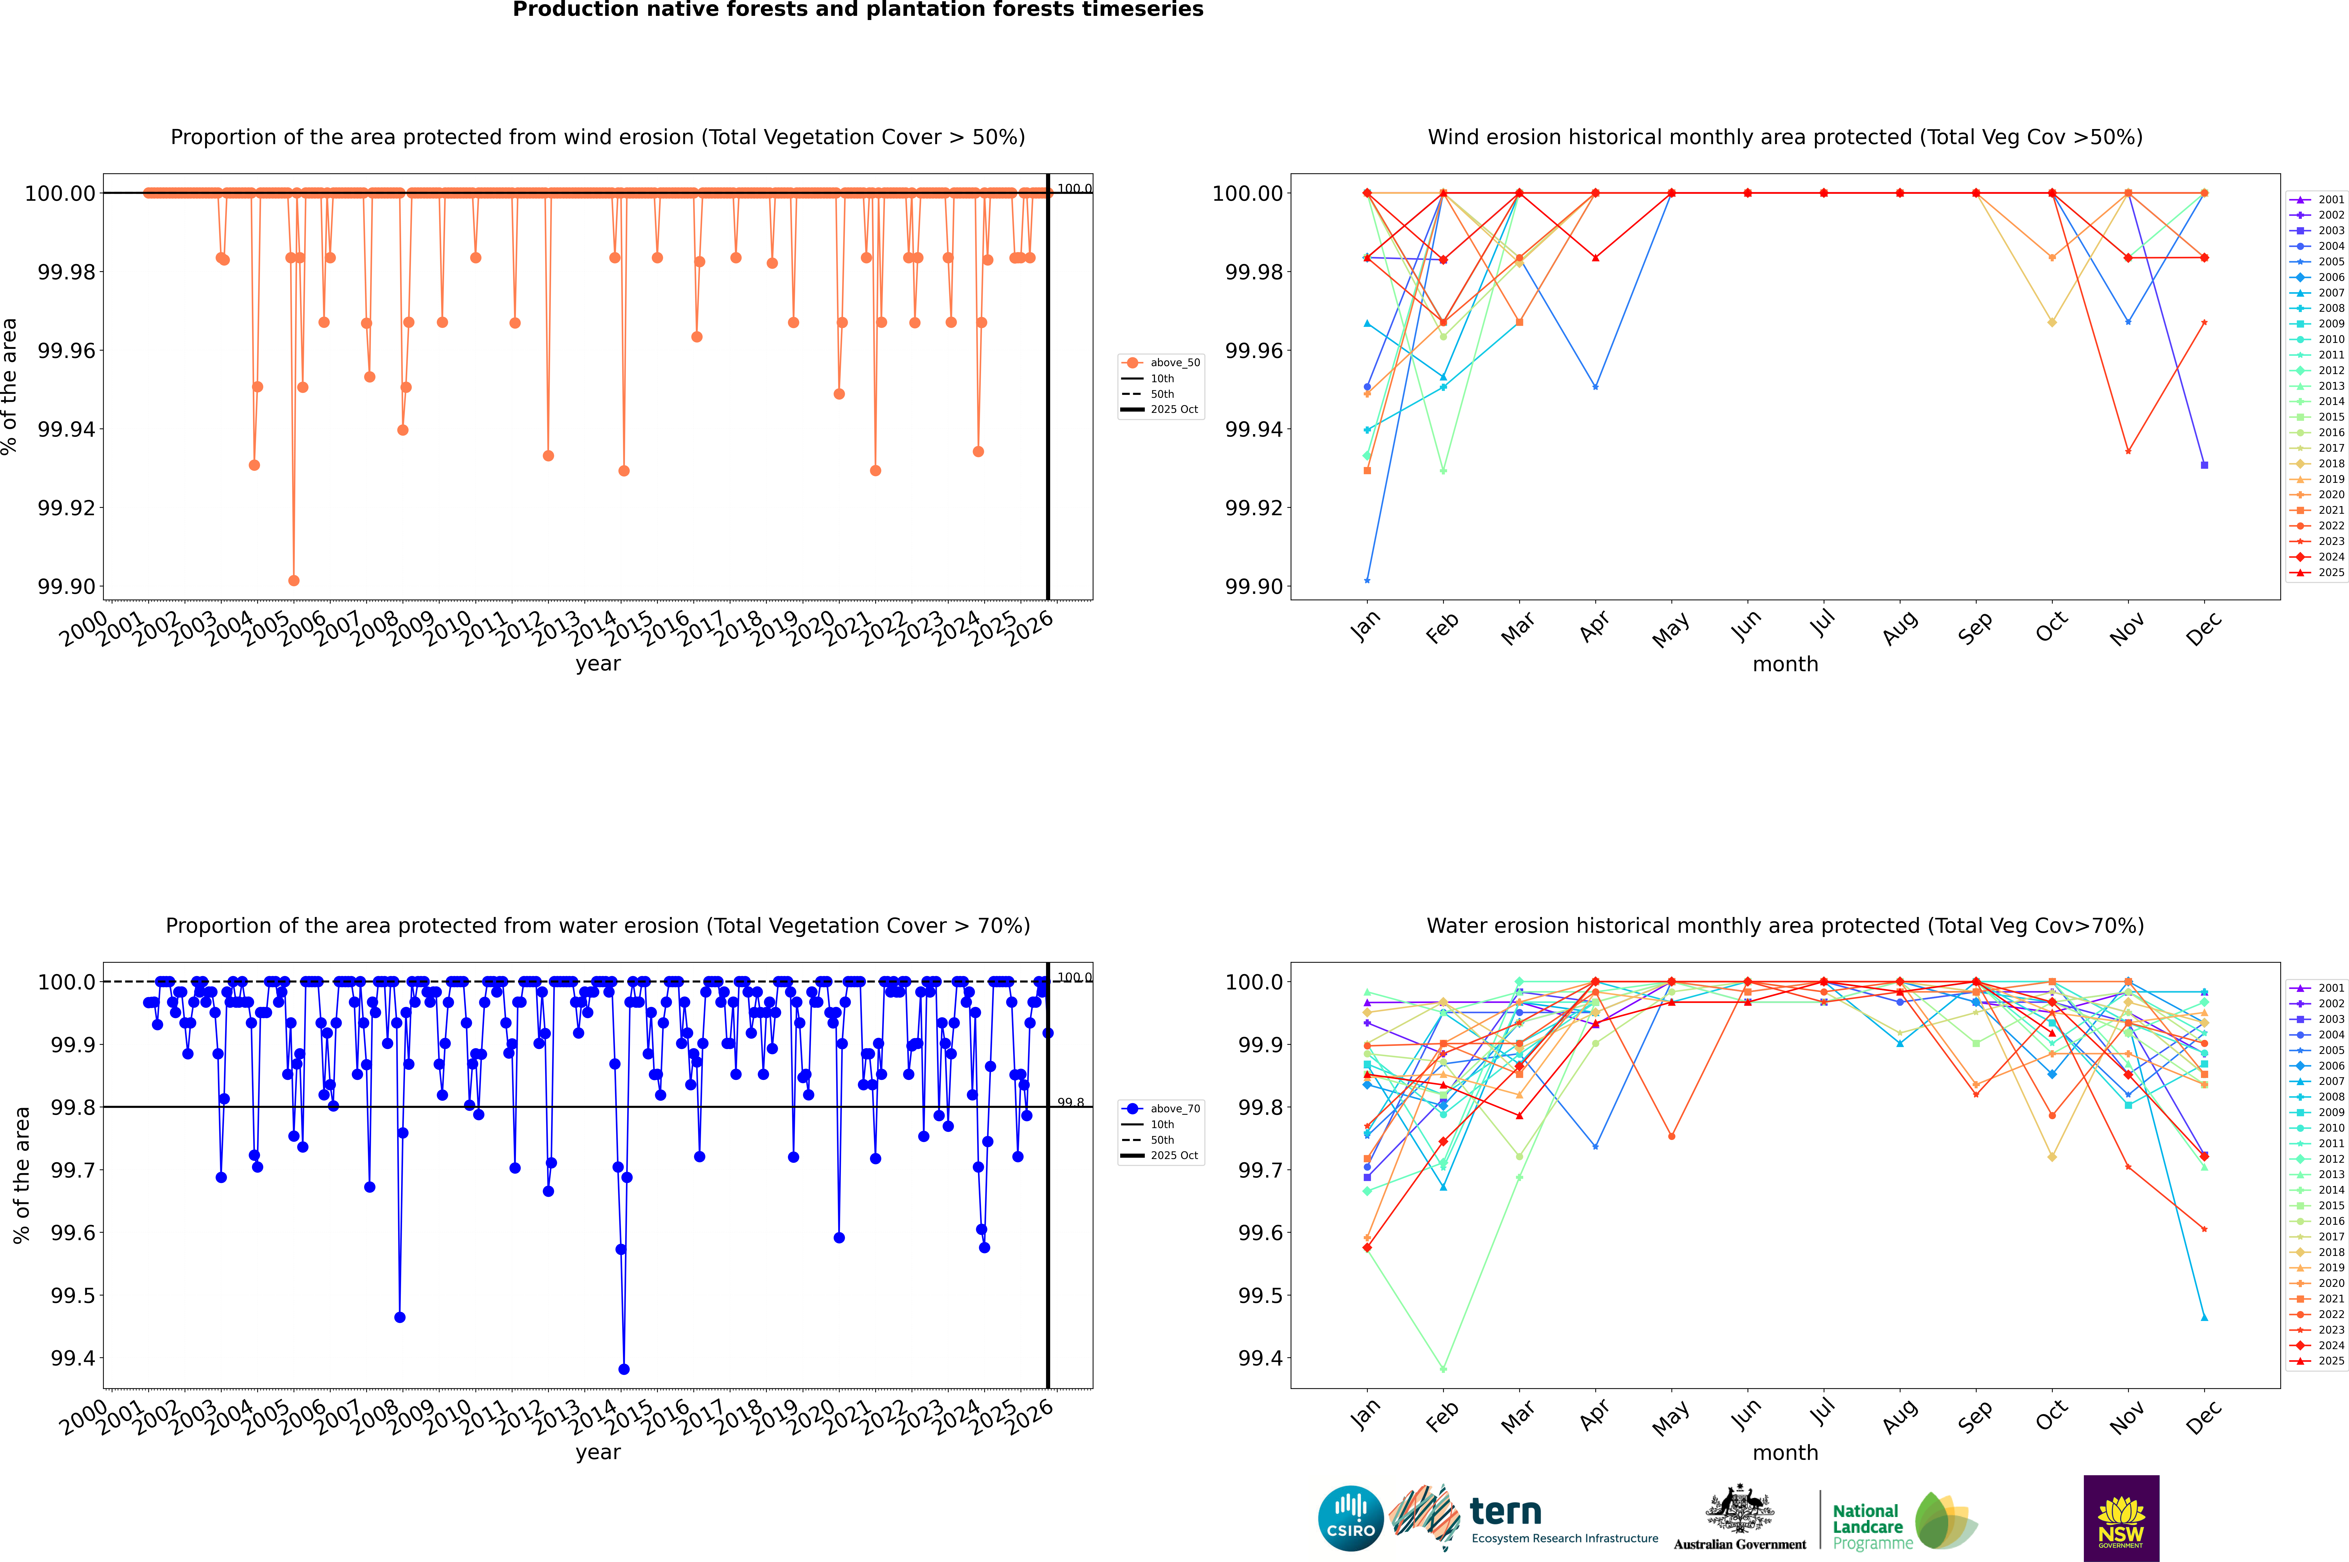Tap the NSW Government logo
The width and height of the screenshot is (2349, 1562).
2121,1518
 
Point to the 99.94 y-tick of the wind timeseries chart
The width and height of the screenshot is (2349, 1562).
67,429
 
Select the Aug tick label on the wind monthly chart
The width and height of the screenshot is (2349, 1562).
1900,629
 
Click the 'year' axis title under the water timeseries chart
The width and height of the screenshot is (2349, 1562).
598,1452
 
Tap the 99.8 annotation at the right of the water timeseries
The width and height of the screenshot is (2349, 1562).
1070,1103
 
